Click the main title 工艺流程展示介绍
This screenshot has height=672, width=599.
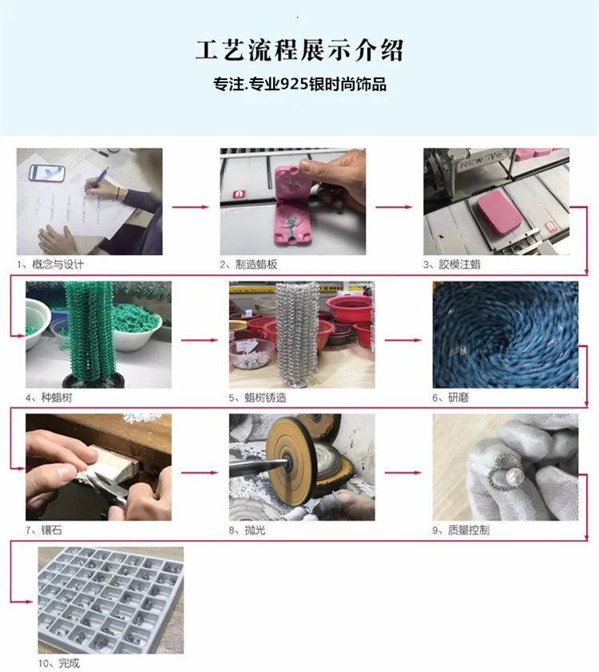tap(299, 50)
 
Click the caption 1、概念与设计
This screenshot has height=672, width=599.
tap(50, 264)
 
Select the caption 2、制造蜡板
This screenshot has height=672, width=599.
tap(249, 264)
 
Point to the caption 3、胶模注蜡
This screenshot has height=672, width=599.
tap(452, 264)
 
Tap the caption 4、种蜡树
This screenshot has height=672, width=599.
tap(49, 398)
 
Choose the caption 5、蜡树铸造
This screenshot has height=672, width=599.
tap(257, 398)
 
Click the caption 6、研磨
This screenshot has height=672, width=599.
tap(450, 398)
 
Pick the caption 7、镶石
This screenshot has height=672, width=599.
tap(44, 530)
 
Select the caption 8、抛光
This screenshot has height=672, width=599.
tap(248, 530)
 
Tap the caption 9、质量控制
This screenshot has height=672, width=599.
tap(461, 530)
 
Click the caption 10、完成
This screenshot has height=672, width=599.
tap(59, 663)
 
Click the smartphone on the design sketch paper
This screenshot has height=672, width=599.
tap(47, 173)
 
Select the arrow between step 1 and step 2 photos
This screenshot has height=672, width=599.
tap(191, 207)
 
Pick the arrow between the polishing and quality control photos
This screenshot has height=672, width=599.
tap(403, 473)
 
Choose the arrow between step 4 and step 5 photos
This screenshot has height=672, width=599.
tap(200, 340)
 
